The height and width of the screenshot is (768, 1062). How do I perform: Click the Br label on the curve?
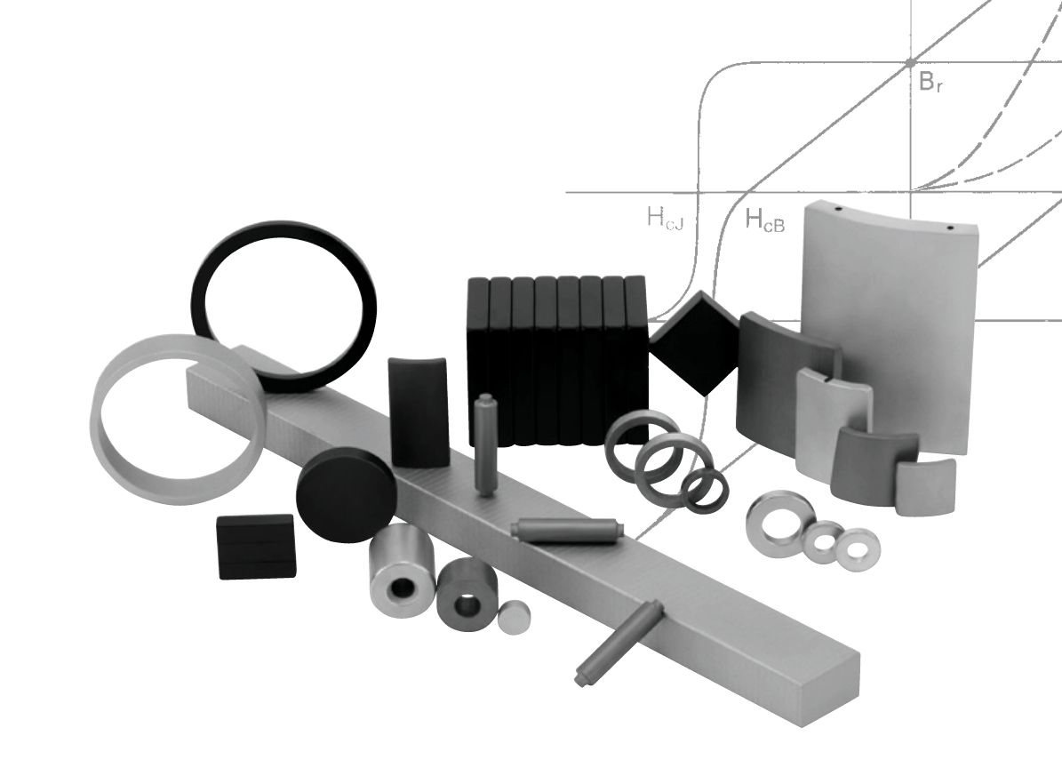(930, 83)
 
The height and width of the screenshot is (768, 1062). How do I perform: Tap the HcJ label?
(665, 219)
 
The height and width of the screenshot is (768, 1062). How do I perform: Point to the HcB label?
(764, 220)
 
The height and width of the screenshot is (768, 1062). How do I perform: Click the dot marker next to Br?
(910, 63)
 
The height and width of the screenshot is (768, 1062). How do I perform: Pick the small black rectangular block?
(255, 547)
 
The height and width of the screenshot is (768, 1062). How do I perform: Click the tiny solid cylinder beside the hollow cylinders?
(514, 615)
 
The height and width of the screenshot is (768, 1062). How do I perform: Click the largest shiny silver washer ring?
(779, 518)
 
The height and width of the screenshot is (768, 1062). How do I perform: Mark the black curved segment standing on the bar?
(418, 412)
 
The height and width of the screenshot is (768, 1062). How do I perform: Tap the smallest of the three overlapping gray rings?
(706, 491)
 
